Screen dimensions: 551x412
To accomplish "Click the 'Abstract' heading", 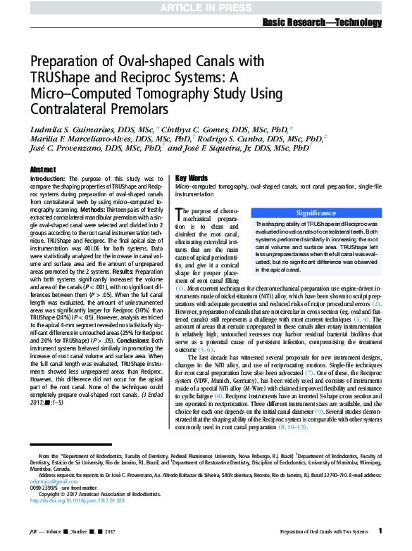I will tap(43, 170).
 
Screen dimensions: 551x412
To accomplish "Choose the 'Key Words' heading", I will tap(191, 178).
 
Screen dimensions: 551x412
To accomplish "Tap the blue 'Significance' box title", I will tap(316, 212).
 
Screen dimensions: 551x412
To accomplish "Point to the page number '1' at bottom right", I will tap(380, 530).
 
